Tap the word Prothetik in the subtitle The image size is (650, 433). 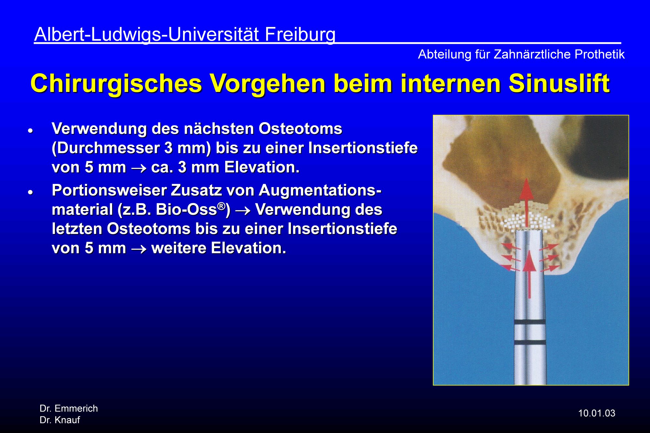(600, 54)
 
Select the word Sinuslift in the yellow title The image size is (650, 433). (559, 83)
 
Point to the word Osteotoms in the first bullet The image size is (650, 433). (300, 129)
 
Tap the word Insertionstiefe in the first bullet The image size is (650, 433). (363, 148)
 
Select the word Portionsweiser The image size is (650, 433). (109, 190)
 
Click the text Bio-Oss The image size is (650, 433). (186, 210)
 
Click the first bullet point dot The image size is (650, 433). (31, 131)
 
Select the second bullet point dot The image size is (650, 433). (31, 192)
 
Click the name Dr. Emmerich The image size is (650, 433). (69, 408)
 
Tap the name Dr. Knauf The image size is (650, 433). (60, 420)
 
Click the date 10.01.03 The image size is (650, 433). (597, 413)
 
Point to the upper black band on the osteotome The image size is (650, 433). (530, 322)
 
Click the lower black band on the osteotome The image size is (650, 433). (530, 342)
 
